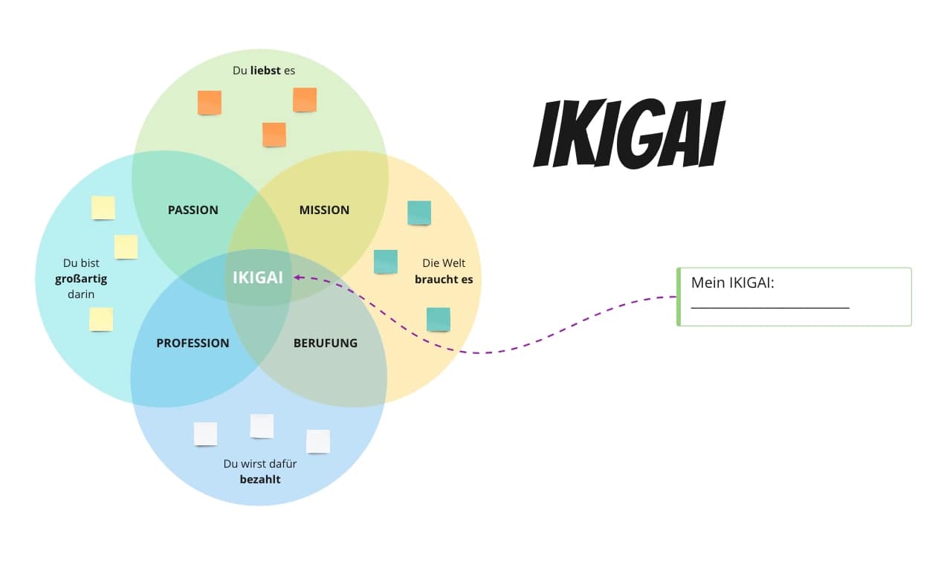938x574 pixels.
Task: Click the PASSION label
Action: [193, 210]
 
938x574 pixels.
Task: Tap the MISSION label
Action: [324, 210]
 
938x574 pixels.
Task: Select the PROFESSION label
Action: [193, 343]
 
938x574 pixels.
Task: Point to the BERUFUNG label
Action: [325, 343]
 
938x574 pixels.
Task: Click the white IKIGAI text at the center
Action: [258, 277]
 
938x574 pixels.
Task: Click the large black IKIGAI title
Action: [629, 135]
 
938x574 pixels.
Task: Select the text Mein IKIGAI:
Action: [733, 283]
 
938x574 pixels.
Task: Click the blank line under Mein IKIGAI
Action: [770, 306]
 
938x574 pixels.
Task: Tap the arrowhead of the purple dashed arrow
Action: [297, 277]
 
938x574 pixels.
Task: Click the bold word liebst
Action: [265, 71]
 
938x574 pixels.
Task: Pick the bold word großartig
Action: [81, 279]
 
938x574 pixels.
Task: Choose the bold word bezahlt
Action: [260, 480]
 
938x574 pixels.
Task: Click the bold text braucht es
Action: [444, 280]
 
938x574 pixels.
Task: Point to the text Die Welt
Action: [444, 263]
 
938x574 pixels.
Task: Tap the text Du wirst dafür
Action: [260, 464]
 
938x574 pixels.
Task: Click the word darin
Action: [81, 294]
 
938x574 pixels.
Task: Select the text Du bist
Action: [81, 263]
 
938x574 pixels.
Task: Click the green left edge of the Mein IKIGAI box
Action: [679, 297]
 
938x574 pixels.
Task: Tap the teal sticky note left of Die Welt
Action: [385, 261]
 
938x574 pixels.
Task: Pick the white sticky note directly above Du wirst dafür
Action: [262, 426]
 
